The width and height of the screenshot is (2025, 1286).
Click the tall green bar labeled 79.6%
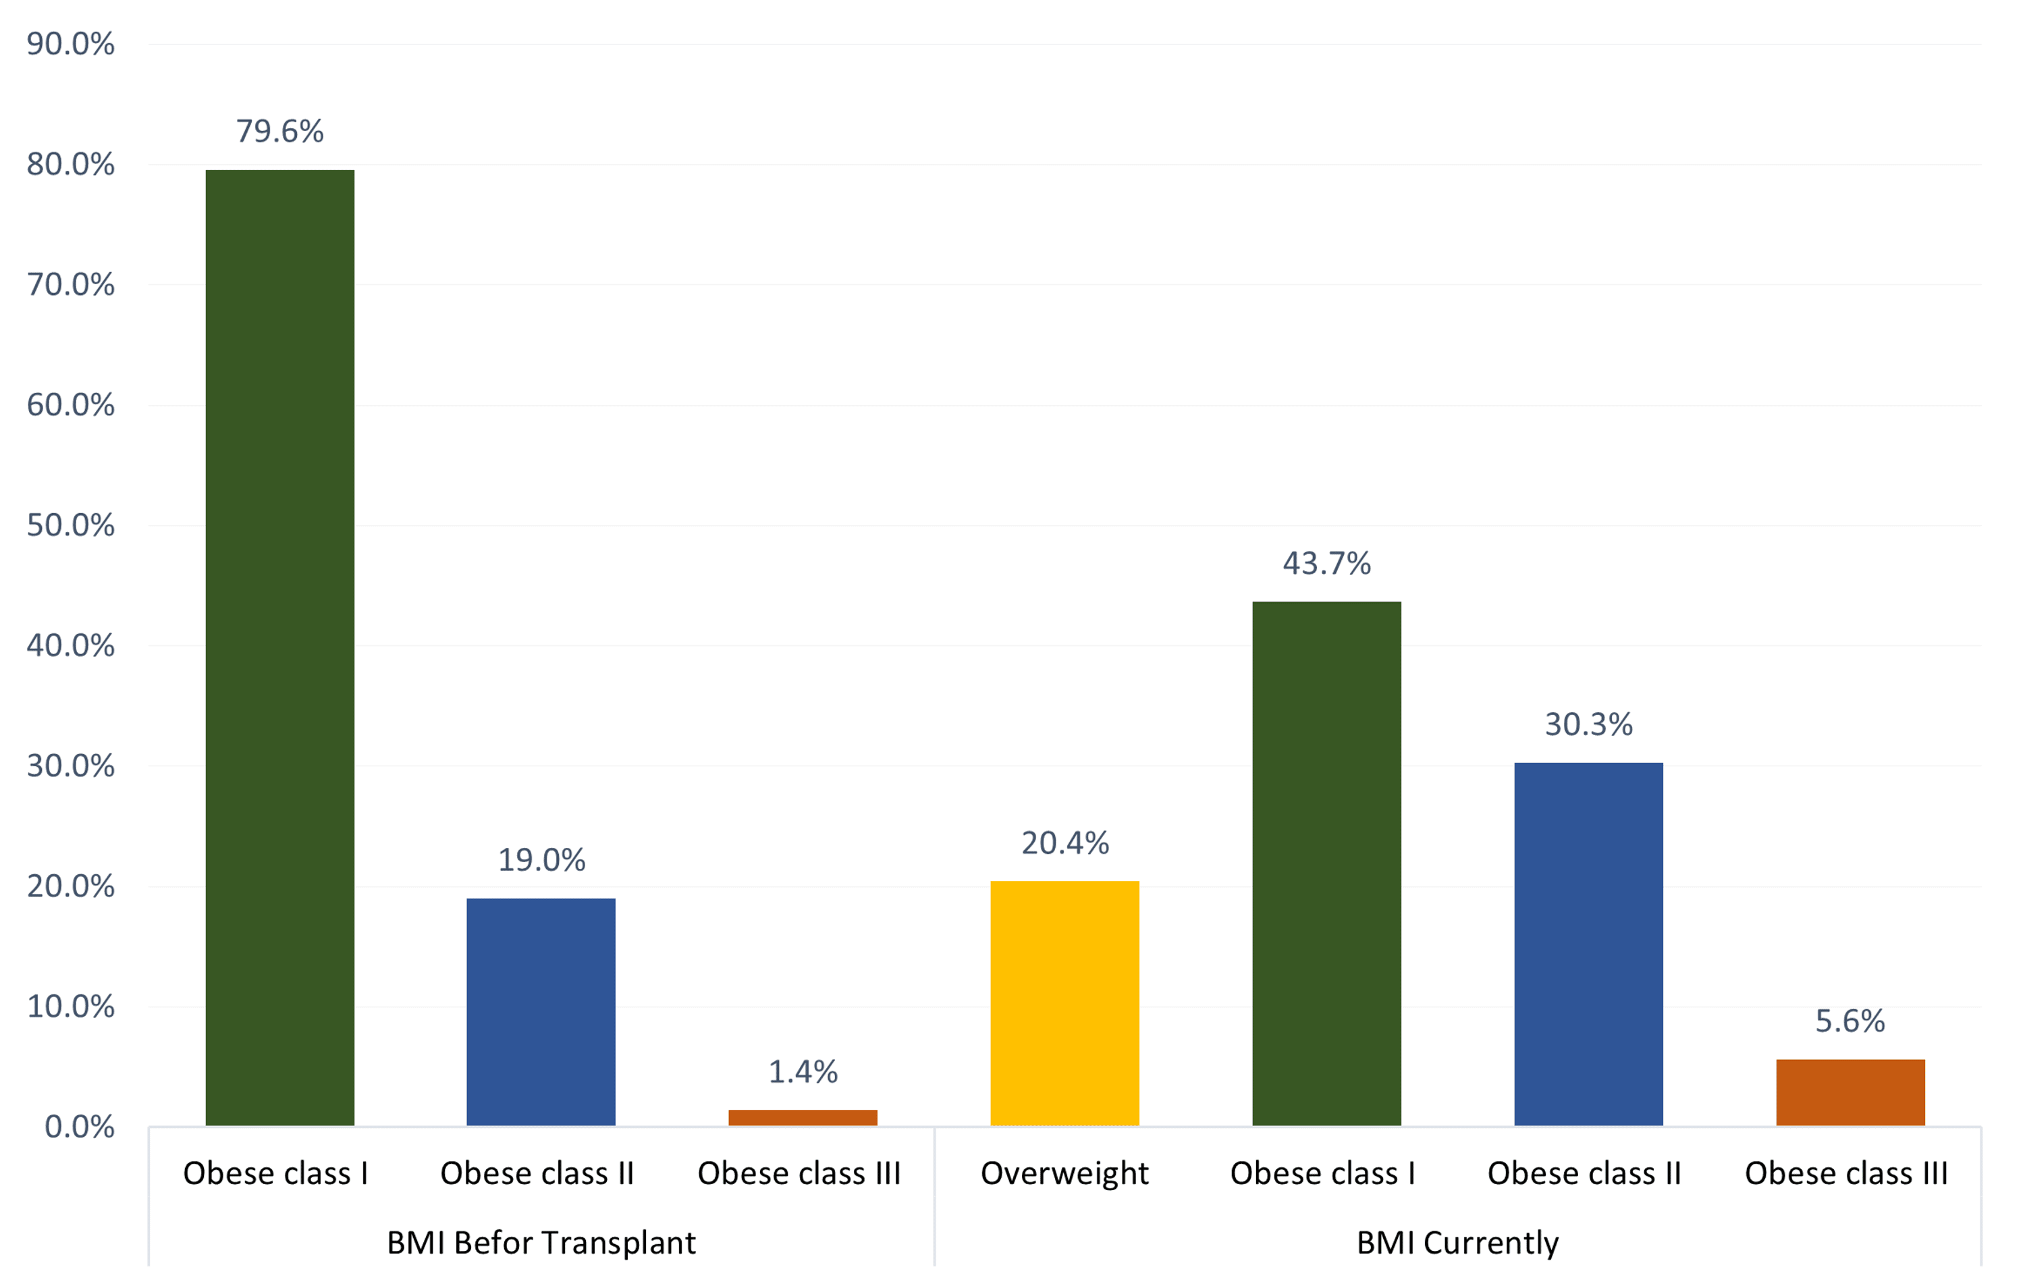(x=279, y=647)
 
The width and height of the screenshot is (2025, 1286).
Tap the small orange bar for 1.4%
(x=803, y=1118)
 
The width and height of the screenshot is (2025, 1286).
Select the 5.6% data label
(x=1850, y=1021)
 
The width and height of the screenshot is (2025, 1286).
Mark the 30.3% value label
(x=1588, y=724)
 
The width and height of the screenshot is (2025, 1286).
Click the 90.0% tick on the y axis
(x=71, y=44)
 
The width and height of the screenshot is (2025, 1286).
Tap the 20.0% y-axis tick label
(x=71, y=886)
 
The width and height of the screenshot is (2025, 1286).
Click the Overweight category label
(x=1064, y=1173)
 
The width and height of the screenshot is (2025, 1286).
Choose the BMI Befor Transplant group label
(x=541, y=1242)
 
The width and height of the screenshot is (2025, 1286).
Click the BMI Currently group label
(x=1457, y=1242)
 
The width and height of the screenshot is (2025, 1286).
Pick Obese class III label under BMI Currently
(x=1846, y=1173)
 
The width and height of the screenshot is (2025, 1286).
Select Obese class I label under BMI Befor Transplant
(x=276, y=1173)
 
